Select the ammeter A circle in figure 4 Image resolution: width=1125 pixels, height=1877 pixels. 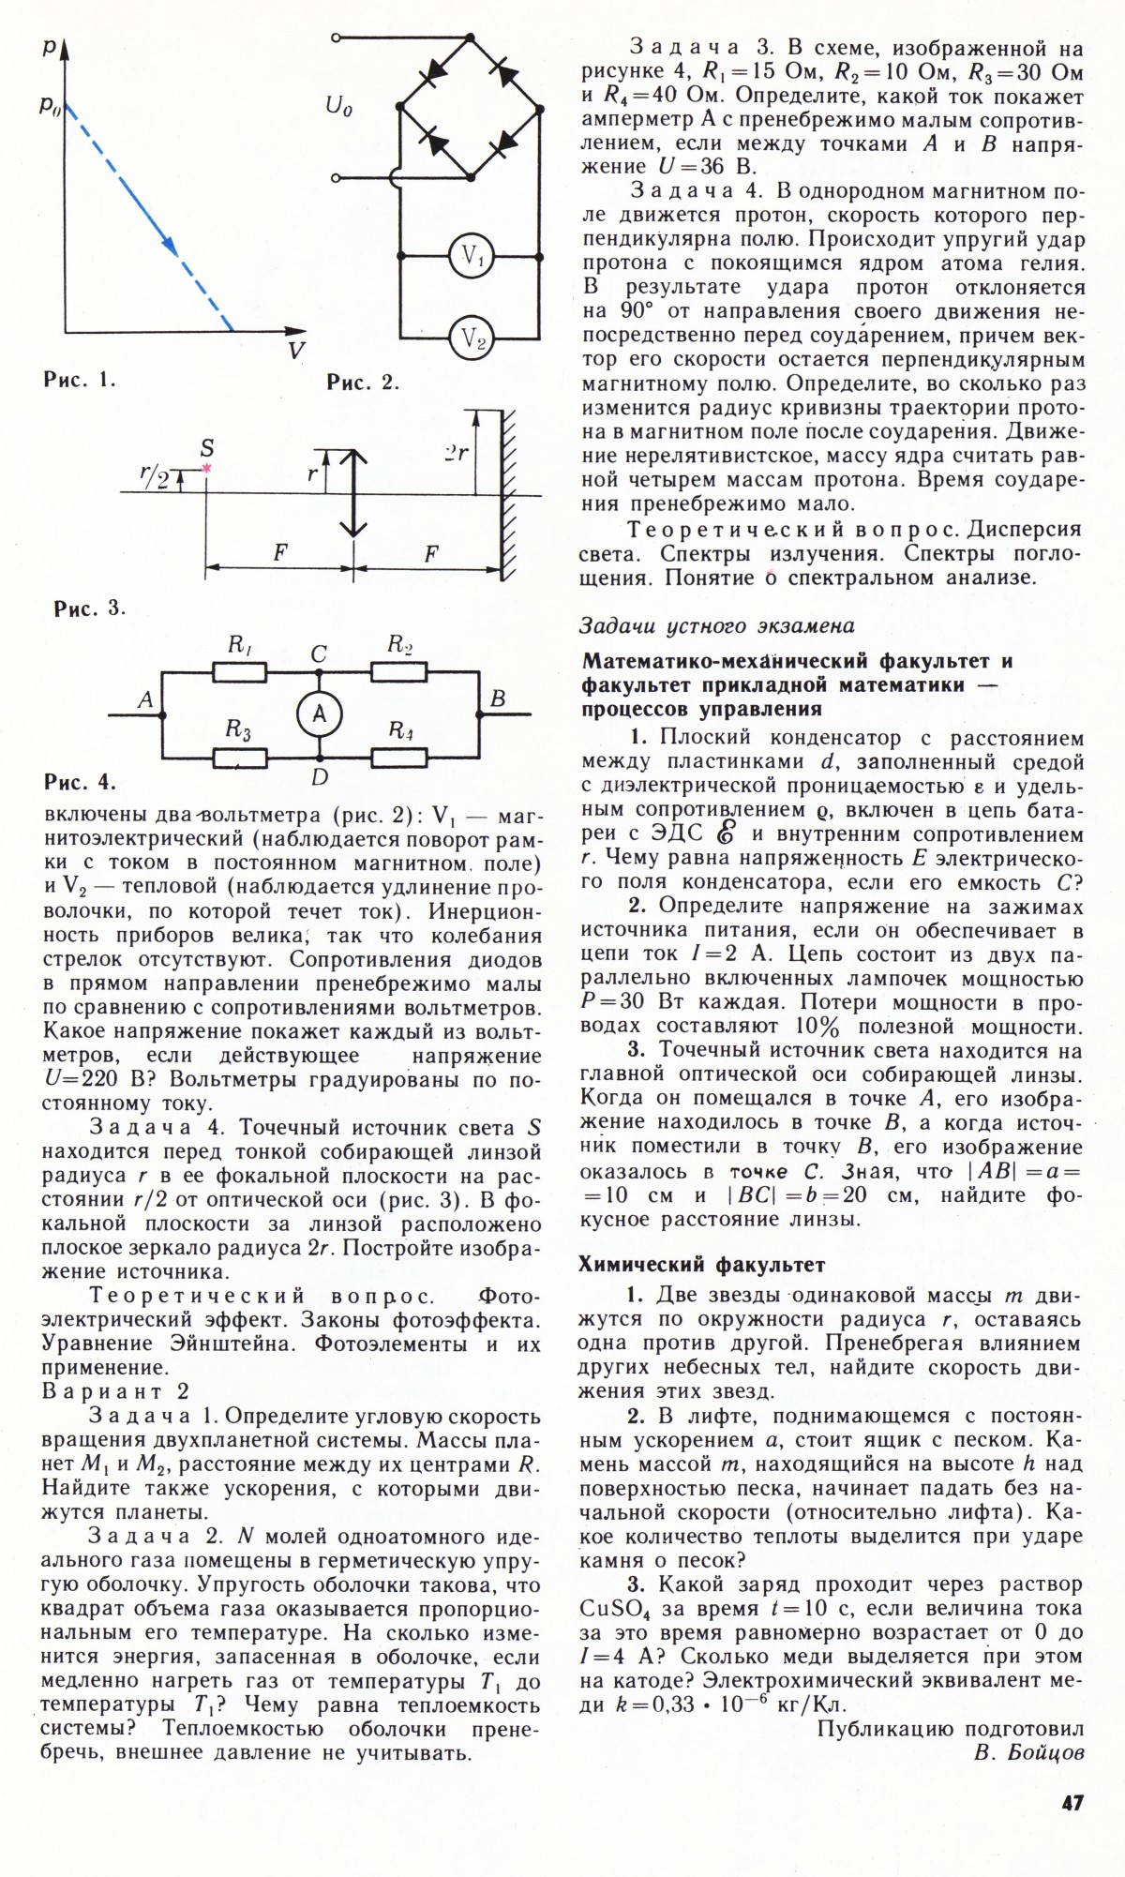pos(320,714)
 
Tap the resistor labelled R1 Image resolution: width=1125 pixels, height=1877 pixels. pos(241,672)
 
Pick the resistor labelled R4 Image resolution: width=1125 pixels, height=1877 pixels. pos(400,756)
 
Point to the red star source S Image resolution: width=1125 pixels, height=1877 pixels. pos(206,467)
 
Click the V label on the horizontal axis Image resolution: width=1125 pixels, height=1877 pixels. pos(296,352)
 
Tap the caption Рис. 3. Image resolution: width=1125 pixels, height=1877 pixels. pos(89,608)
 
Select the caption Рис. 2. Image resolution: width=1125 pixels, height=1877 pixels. pos(363,382)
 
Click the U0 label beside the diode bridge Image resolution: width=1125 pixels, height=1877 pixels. pos(338,107)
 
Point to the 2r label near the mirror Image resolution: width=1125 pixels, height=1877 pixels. pos(457,453)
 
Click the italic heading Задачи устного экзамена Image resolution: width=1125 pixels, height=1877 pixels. pos(717,624)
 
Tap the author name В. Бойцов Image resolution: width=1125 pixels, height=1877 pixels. pos(1028,1752)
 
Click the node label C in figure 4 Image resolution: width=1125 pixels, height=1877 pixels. pos(320,654)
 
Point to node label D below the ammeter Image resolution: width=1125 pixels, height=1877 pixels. pos(320,777)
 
